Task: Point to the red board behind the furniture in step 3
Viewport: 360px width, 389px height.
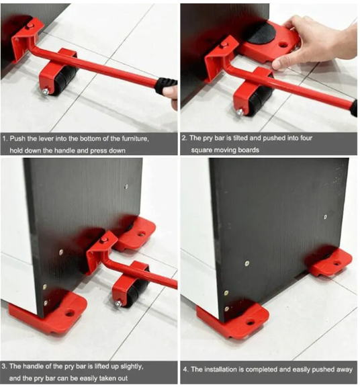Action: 140,232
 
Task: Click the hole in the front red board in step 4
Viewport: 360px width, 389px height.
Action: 251,322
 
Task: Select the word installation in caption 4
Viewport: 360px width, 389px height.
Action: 227,370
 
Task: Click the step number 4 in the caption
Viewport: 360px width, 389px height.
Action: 185,370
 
